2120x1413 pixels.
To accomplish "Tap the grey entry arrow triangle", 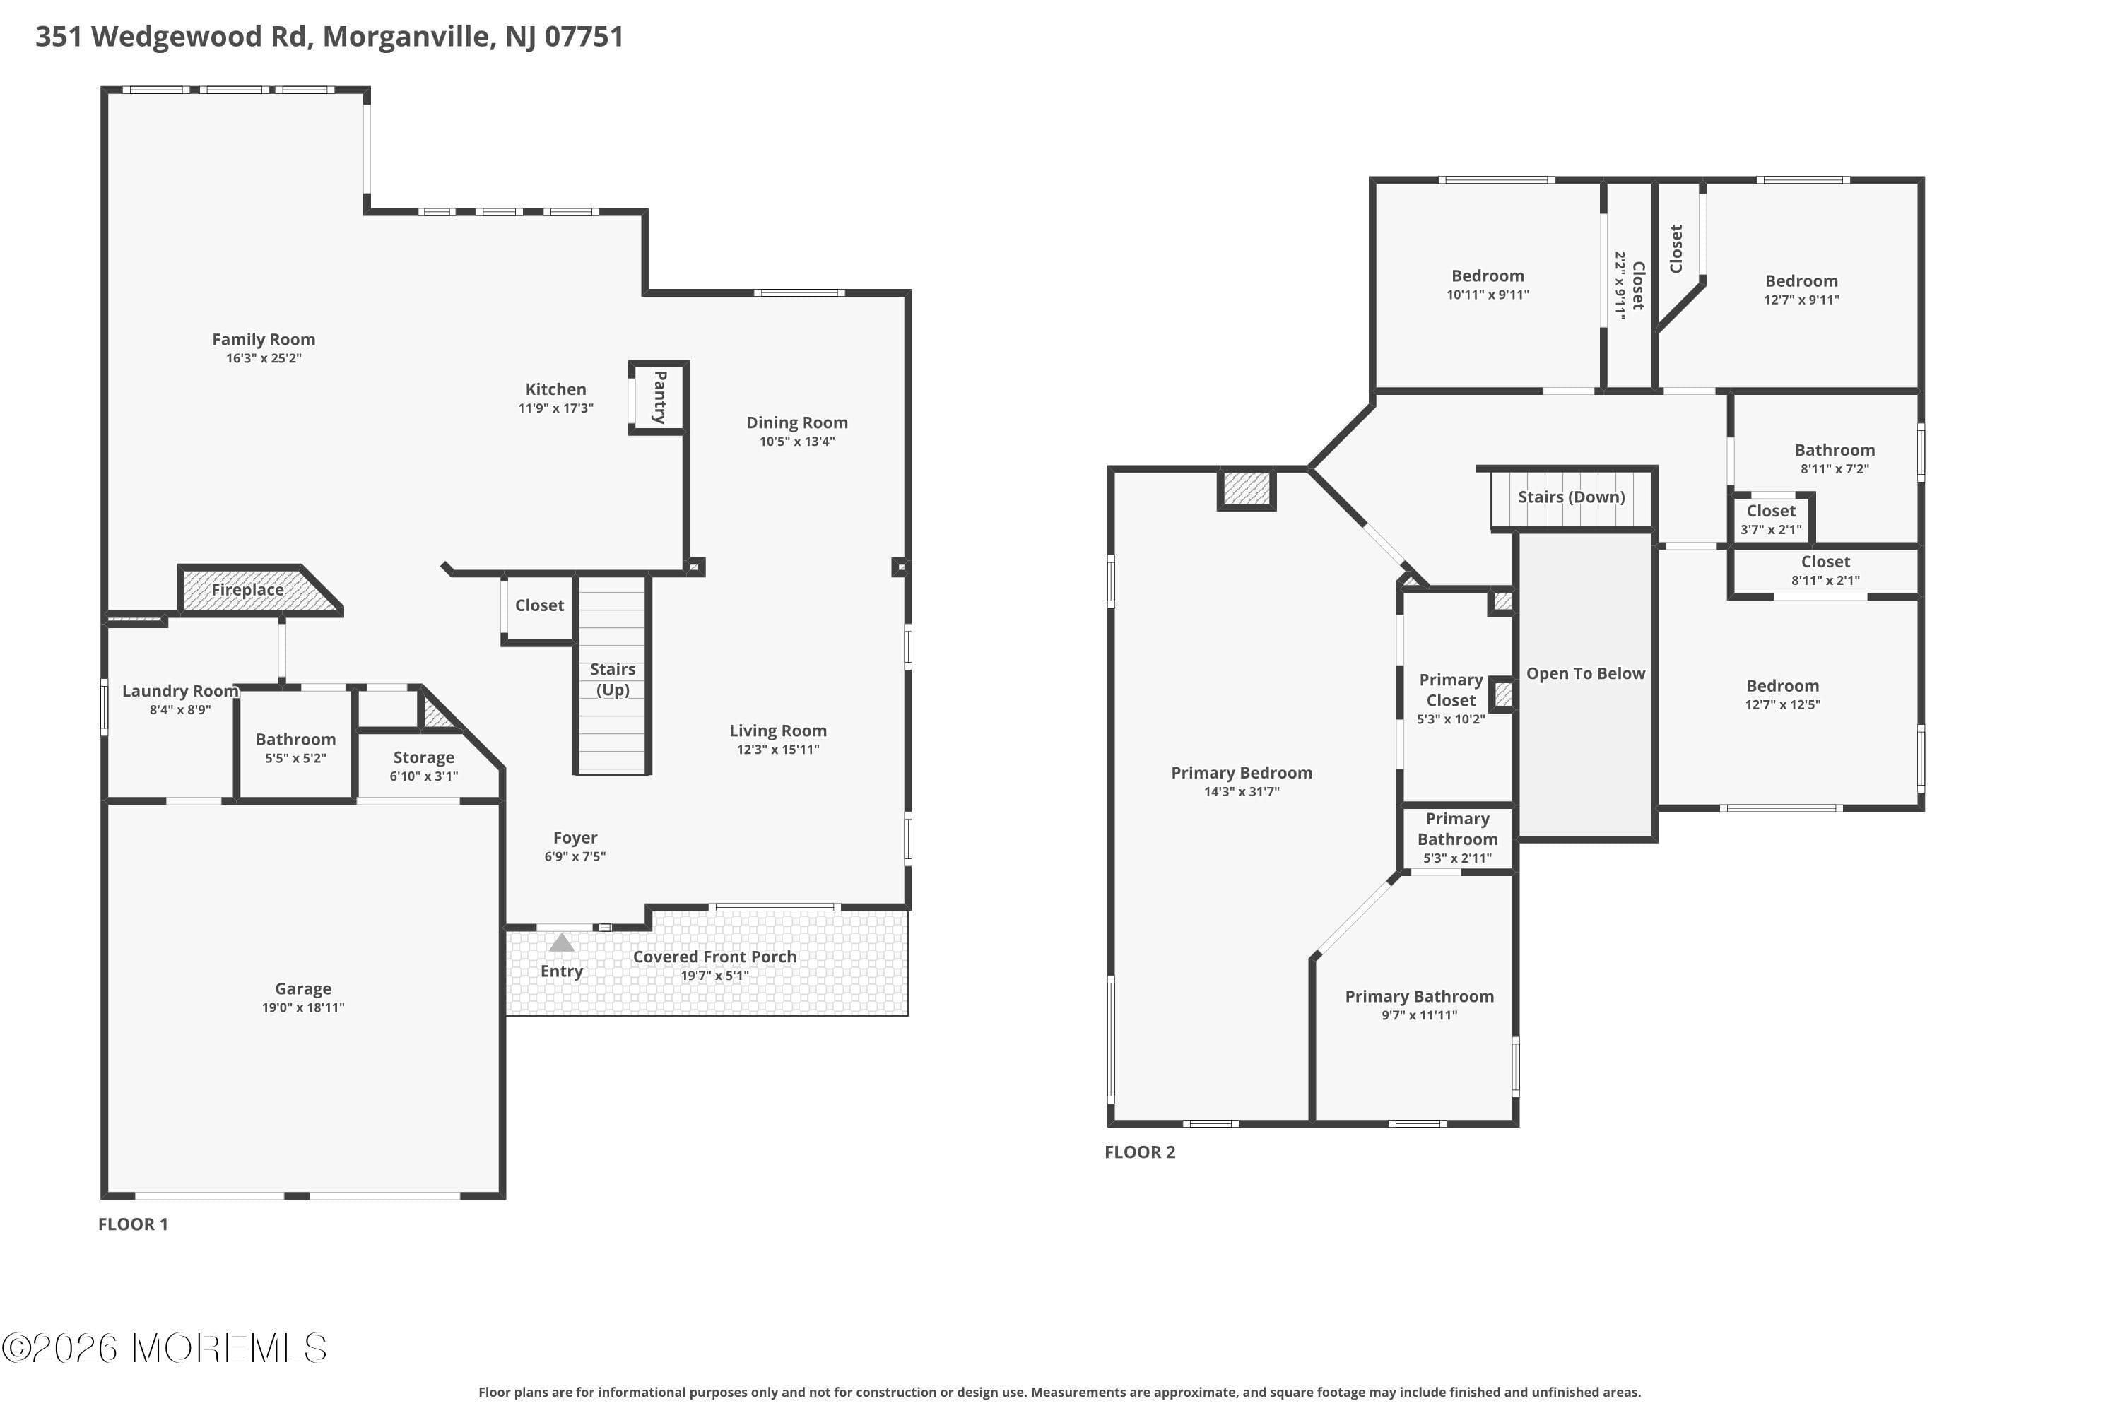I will [562, 942].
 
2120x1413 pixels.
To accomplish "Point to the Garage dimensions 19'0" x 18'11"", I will [303, 1007].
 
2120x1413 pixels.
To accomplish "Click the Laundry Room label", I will [179, 691].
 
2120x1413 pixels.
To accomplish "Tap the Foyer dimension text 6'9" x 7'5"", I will [575, 856].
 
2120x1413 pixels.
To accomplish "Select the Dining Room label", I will [797, 422].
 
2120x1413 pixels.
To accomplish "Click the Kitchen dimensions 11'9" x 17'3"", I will [555, 408].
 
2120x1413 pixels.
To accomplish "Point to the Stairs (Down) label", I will [1571, 497].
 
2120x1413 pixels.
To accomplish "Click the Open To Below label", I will [1586, 673].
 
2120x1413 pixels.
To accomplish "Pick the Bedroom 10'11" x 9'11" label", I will [1488, 276].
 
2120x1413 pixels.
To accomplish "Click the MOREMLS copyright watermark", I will [164, 1348].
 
